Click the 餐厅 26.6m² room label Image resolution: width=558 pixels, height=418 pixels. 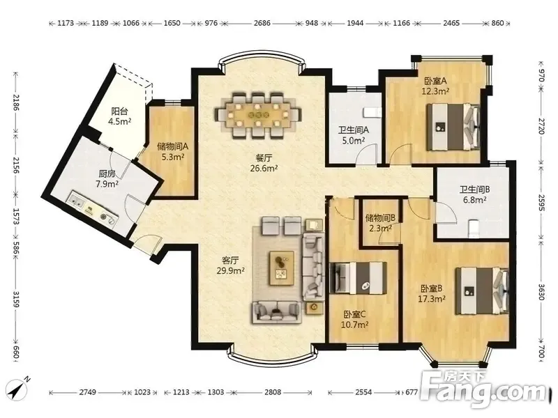coord(264,162)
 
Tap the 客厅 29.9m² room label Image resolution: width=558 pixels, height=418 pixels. coord(230,265)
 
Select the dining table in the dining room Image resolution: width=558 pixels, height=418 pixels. coord(258,115)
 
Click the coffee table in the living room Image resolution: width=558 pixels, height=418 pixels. coord(282,268)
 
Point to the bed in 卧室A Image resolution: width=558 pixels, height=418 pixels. coord(453,127)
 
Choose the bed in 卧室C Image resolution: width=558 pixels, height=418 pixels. coord(358,278)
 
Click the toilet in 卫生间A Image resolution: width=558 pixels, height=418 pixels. coord(372,112)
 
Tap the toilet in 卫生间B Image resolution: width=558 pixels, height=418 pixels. coord(473,228)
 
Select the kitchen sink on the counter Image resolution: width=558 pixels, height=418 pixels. coord(77,201)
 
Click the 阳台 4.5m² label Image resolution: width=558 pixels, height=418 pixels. coord(119,116)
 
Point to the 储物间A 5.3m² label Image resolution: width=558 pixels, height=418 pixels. coord(172,151)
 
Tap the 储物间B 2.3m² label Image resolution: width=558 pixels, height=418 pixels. coord(380,223)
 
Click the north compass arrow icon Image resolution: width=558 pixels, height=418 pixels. coord(20,388)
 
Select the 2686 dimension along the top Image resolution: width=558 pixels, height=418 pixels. coord(262,23)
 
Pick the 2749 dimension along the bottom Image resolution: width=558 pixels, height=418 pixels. coord(88,392)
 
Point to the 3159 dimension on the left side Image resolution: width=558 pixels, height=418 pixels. coord(15,299)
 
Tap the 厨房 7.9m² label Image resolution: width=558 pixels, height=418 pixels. coord(107,179)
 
